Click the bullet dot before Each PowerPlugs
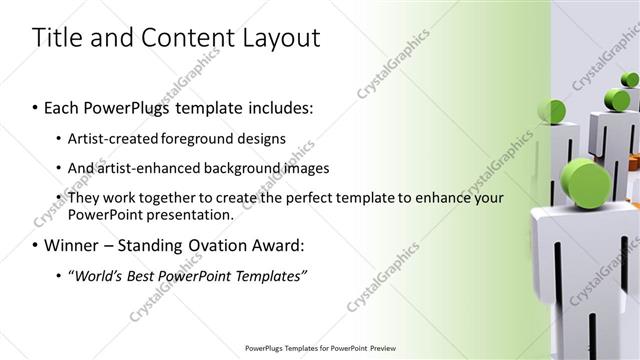pyautogui.click(x=36, y=105)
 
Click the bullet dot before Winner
pyautogui.click(x=36, y=244)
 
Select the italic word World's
pyautogui.click(x=95, y=274)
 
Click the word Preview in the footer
pyautogui.click(x=376, y=348)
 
